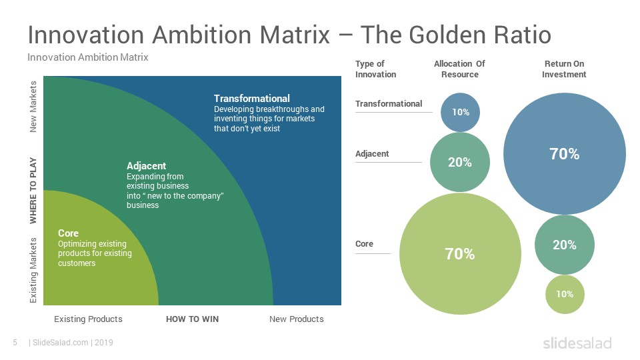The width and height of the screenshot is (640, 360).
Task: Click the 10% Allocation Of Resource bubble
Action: click(x=460, y=112)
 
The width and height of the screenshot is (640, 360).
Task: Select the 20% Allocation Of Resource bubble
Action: click(x=460, y=162)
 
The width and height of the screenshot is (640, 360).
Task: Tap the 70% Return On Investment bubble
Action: click(x=565, y=154)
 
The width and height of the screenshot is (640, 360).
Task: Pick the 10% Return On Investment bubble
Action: click(x=565, y=294)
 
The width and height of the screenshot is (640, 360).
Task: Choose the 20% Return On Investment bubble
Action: click(x=565, y=245)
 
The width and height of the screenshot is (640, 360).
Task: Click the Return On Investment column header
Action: click(x=564, y=69)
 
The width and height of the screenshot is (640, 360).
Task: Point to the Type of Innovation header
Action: click(x=375, y=69)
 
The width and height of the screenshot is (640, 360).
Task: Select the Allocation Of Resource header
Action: click(x=459, y=69)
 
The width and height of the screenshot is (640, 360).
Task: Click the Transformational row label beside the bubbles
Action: click(x=389, y=104)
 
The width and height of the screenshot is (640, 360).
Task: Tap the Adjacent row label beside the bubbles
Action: click(x=372, y=154)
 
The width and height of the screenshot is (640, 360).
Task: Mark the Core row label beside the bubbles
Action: click(x=364, y=244)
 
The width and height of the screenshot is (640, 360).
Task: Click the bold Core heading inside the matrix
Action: click(x=68, y=233)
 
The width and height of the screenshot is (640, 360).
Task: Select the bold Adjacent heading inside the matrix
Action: click(x=146, y=166)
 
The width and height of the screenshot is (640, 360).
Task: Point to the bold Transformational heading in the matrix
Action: click(x=252, y=99)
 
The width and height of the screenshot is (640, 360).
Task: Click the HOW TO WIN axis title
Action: click(x=192, y=319)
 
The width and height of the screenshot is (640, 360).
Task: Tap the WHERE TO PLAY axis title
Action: click(x=33, y=191)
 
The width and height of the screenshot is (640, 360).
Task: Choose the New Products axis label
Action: click(x=296, y=319)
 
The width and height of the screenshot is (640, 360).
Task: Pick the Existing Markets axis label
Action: click(x=33, y=270)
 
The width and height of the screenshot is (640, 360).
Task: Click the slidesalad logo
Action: click(x=577, y=343)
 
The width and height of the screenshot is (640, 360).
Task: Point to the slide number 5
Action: click(x=15, y=343)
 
